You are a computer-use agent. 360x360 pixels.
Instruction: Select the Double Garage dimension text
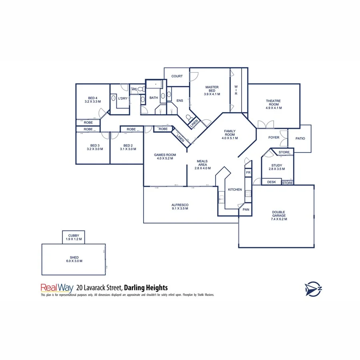(278, 219)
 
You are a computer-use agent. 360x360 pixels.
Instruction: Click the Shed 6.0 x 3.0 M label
(74, 259)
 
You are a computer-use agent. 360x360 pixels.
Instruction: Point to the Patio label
(300, 138)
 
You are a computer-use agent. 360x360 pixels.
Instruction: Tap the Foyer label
(274, 137)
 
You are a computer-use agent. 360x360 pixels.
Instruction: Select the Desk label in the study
(272, 182)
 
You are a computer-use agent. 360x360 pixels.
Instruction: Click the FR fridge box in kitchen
(248, 173)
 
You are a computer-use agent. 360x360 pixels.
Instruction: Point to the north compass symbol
(313, 288)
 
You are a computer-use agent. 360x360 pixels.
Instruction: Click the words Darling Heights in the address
(146, 287)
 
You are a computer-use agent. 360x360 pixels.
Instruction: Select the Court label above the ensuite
(177, 76)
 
